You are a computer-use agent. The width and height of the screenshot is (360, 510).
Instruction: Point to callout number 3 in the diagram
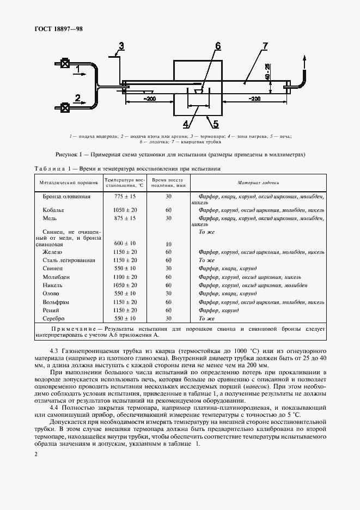121,46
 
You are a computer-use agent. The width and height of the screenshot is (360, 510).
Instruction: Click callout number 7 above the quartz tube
265,46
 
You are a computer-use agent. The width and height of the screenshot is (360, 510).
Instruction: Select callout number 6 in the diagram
217,46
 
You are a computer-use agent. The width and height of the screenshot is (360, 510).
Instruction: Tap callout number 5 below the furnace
215,123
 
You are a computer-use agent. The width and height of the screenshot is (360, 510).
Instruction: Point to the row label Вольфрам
56,301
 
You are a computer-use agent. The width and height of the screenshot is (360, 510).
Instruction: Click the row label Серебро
54,318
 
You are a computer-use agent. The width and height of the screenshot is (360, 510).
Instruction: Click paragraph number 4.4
56,407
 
